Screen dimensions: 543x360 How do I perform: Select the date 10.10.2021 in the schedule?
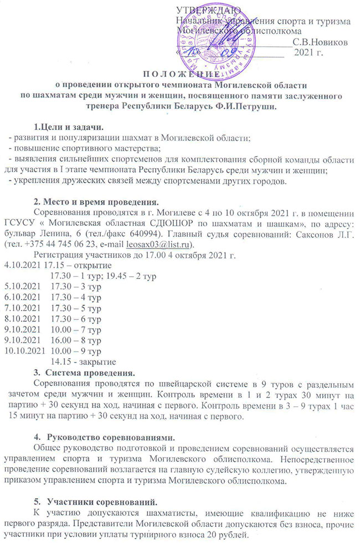(x=24, y=350)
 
